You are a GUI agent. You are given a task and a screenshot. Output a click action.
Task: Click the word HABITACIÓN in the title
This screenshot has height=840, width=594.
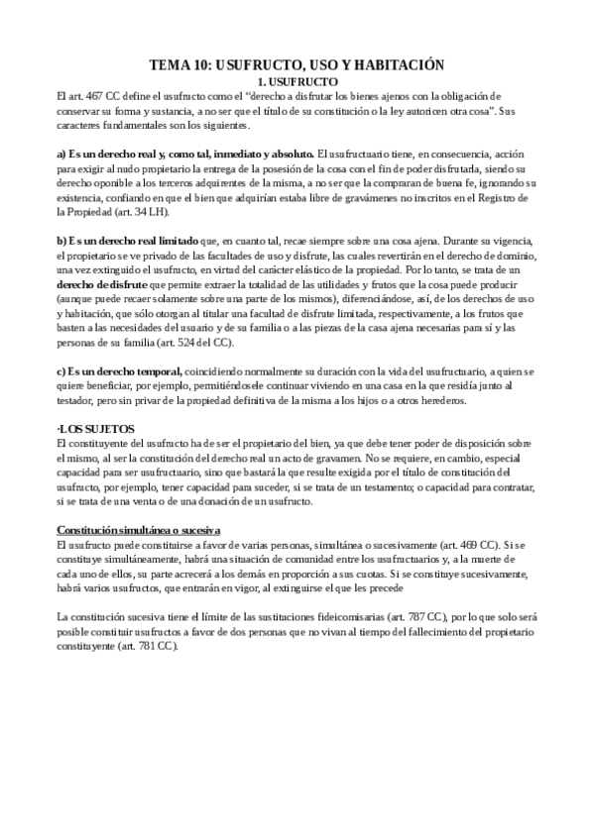(397, 64)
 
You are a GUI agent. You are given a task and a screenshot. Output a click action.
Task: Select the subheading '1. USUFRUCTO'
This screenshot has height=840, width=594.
(297, 80)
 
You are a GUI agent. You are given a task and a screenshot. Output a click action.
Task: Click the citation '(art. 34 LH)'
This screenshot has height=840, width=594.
(148, 211)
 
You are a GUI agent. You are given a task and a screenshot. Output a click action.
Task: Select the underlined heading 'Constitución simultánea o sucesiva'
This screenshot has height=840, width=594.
(138, 530)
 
